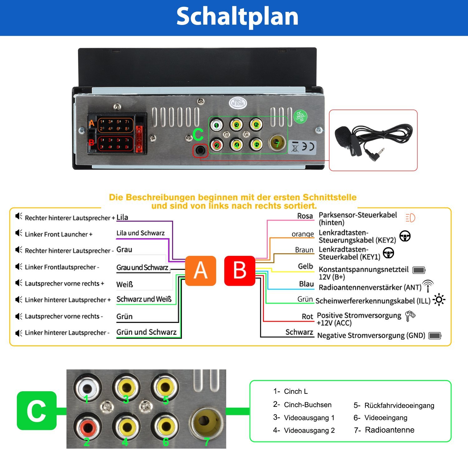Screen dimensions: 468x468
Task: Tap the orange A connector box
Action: pos(201,271)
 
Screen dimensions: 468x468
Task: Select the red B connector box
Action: pos(240,271)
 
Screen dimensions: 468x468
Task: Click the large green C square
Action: pos(37,411)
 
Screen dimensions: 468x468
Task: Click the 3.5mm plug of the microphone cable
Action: pos(376,155)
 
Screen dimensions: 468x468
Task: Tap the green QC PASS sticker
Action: pos(300,117)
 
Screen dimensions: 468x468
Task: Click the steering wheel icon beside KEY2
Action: pos(405,236)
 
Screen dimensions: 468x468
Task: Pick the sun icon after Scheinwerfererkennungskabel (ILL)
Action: pos(439,300)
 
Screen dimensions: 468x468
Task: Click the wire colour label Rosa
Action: pos(305,216)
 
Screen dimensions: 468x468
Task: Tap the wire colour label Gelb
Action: pos(305,266)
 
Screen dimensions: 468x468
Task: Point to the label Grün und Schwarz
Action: pos(146,332)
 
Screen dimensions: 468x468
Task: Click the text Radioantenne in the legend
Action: pos(389,430)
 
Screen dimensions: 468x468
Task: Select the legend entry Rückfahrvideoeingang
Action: pos(399,405)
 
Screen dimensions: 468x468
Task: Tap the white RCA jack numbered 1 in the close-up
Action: pos(87,388)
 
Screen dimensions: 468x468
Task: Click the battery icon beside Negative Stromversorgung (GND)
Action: pos(435,336)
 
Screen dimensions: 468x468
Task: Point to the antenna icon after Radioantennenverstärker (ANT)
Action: pos(428,285)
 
